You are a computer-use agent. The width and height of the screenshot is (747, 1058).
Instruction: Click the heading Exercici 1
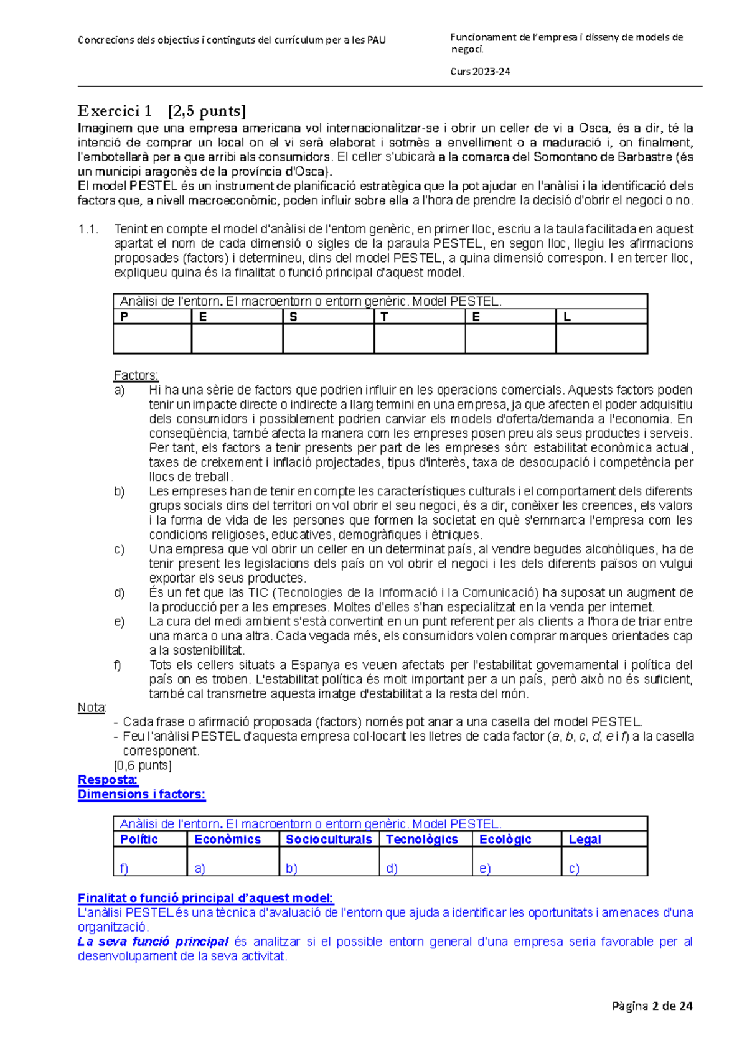115,111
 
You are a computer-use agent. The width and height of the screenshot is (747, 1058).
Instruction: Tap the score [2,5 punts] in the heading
207,111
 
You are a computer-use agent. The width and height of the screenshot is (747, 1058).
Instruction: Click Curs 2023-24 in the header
480,72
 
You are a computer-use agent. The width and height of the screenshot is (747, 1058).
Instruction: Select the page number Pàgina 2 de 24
652,1006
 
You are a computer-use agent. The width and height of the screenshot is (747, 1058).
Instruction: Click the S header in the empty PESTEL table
293,317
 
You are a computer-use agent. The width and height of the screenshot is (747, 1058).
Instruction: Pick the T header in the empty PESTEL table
384,317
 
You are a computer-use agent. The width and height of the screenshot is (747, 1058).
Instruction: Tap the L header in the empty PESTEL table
566,317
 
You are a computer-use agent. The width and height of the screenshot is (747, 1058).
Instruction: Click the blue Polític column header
139,839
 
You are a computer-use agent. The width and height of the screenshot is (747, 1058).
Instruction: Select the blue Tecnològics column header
421,839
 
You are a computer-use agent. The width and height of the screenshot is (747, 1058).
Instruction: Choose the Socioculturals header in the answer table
329,839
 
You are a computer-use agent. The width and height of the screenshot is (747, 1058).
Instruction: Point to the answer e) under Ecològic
485,868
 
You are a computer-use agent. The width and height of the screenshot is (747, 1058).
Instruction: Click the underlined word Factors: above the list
136,375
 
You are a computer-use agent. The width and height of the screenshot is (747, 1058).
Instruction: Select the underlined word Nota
92,708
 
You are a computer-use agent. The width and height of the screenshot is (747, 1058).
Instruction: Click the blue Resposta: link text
108,780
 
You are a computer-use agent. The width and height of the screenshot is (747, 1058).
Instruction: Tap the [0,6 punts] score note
143,765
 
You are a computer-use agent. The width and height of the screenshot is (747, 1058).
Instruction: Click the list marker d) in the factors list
119,592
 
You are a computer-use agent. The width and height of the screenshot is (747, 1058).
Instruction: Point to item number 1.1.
88,229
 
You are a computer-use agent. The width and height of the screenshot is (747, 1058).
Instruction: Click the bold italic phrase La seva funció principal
153,942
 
